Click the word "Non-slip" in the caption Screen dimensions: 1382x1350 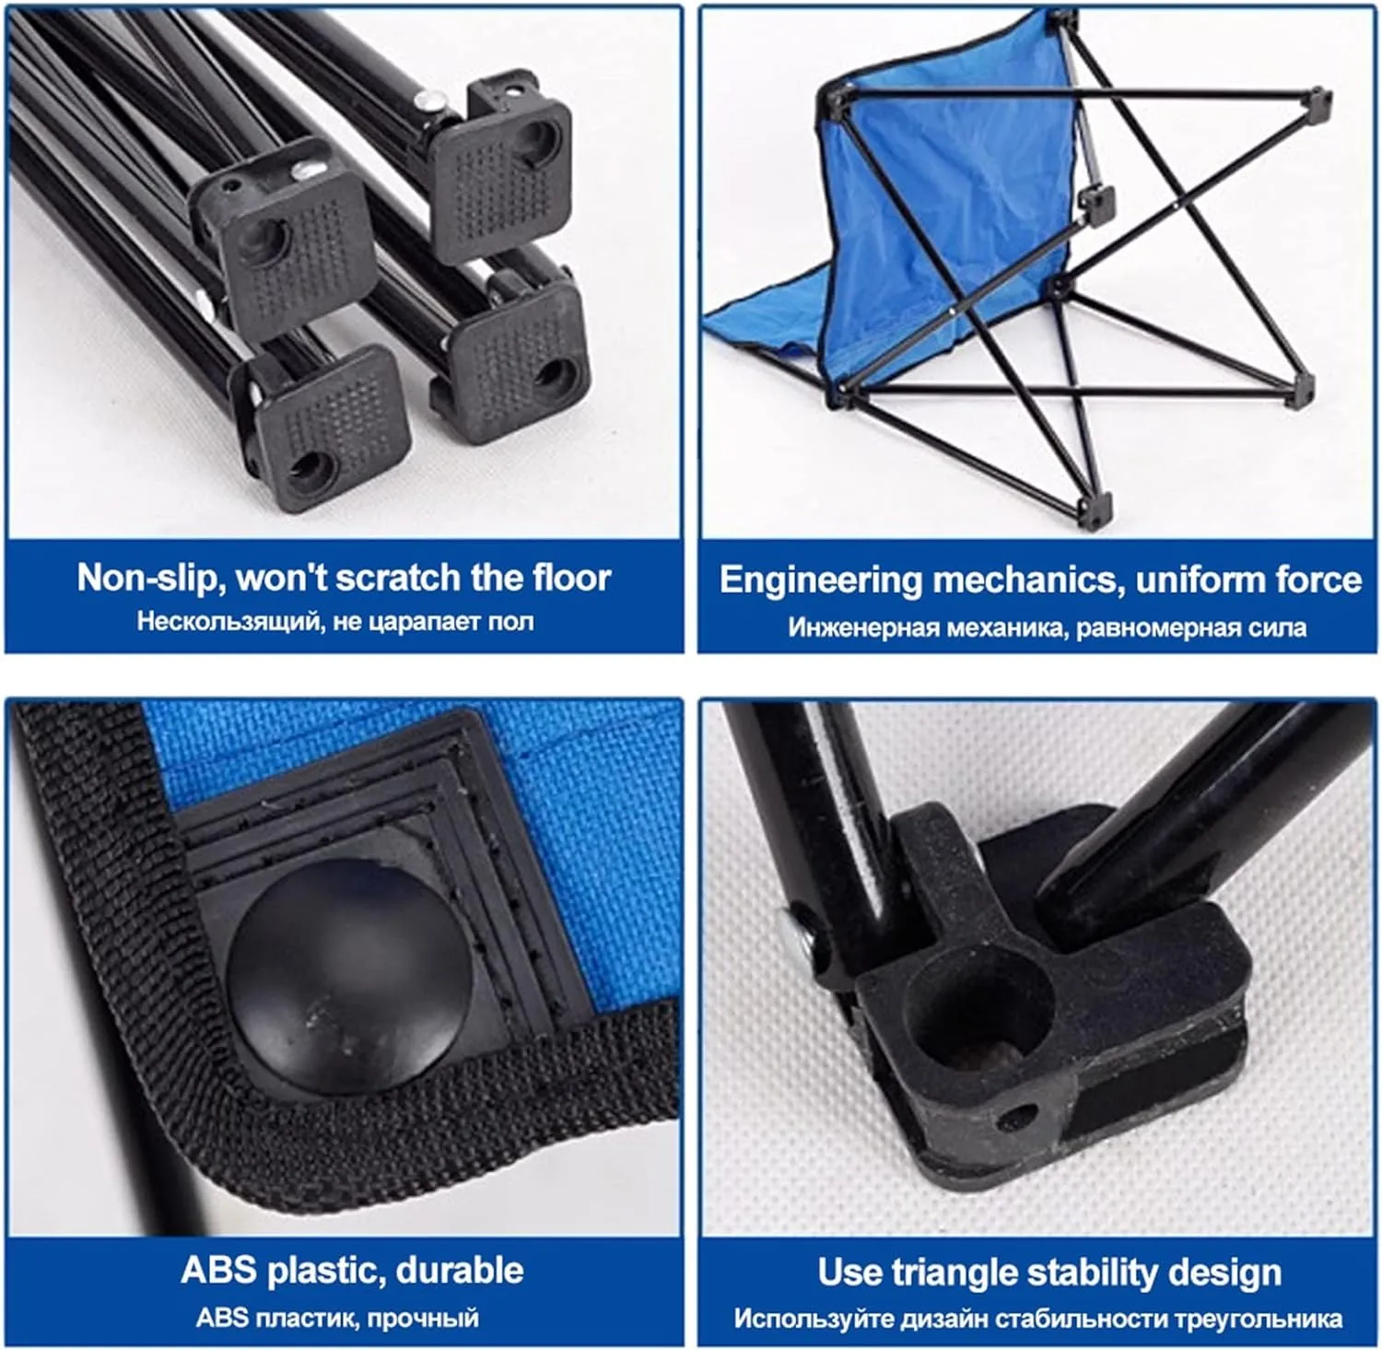147,578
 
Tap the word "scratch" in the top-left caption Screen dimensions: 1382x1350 397,578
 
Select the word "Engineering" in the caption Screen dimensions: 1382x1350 820,581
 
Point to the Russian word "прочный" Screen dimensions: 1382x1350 423,1318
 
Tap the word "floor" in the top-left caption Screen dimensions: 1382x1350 572,578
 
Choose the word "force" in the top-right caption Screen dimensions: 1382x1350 1319,580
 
